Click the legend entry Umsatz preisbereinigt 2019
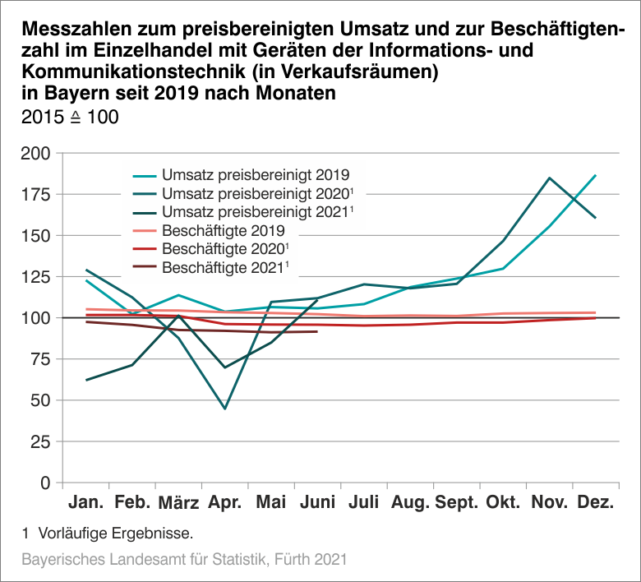click(256, 174)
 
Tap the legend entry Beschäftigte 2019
click(224, 230)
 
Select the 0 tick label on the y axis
click(48, 483)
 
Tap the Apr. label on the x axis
click(225, 502)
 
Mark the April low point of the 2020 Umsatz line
click(225, 409)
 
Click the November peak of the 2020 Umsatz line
click(549, 178)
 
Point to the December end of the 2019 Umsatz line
click(595, 175)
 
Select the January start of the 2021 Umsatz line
click(86, 380)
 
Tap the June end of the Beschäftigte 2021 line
click(317, 331)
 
